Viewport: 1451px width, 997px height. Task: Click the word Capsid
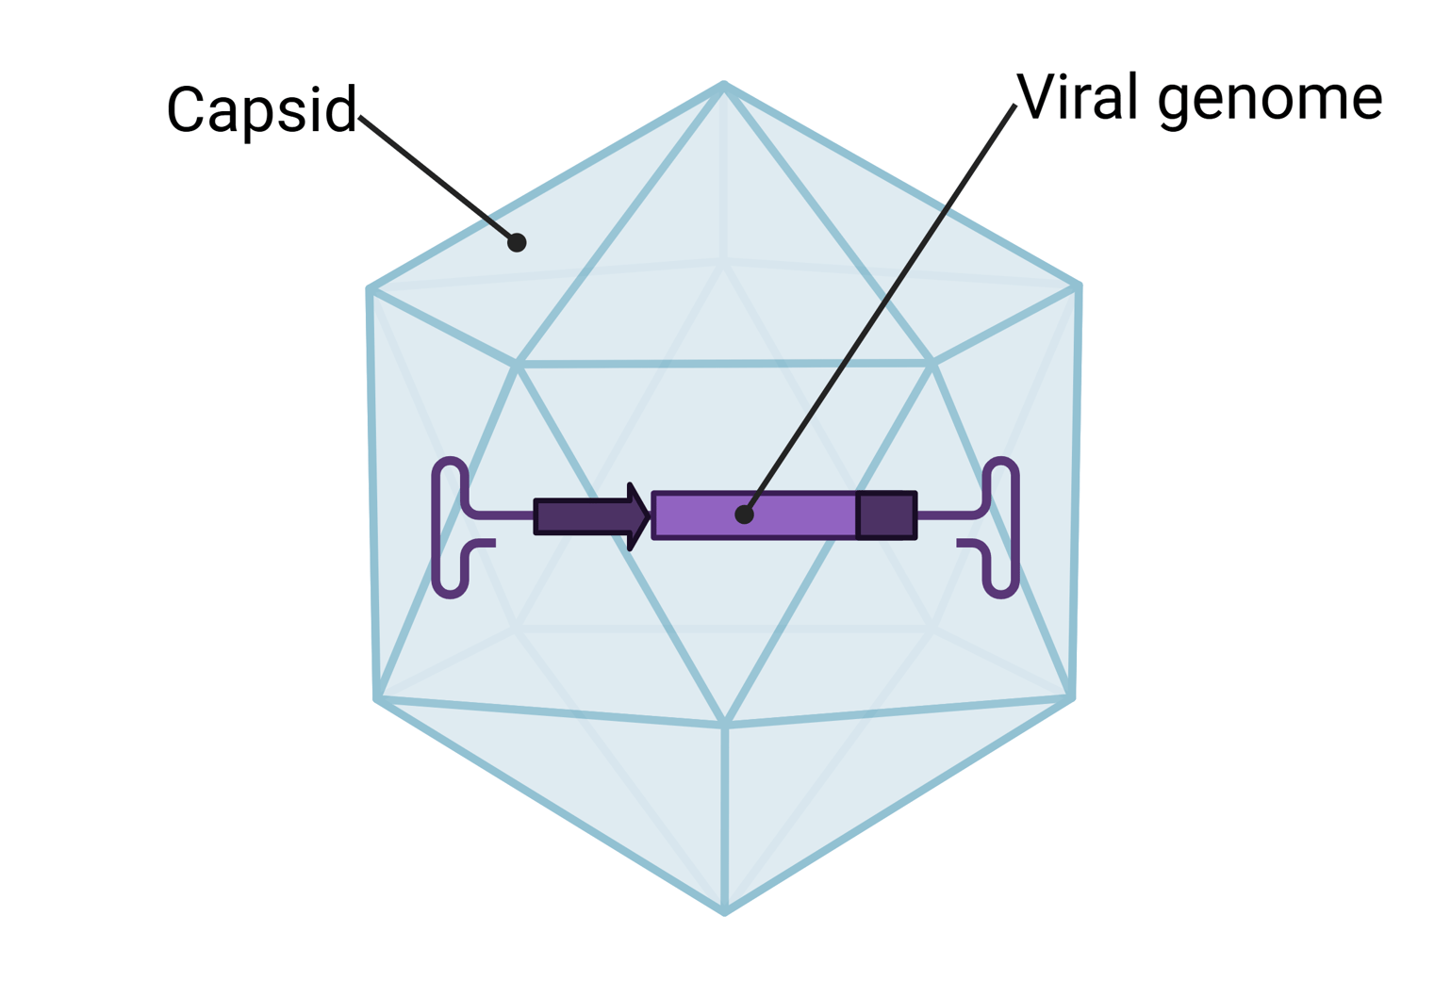coord(261,110)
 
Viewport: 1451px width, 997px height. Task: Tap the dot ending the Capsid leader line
coord(517,243)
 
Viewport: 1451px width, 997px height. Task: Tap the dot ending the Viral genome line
coord(745,515)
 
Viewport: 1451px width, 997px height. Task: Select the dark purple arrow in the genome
coord(580,516)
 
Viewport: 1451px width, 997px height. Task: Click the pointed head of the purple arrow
coord(639,516)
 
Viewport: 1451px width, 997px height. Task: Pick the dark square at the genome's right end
coord(886,515)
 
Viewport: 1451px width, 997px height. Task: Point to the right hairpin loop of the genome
coord(1001,528)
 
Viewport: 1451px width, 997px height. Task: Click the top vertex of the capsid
coord(724,86)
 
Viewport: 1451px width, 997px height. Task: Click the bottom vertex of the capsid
coord(724,911)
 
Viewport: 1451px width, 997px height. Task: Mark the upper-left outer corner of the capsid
coord(371,289)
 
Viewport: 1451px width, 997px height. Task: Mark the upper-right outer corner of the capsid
coord(1078,286)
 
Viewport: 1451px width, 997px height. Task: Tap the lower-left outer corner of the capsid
coord(377,698)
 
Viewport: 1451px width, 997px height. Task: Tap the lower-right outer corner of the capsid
coord(1072,697)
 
